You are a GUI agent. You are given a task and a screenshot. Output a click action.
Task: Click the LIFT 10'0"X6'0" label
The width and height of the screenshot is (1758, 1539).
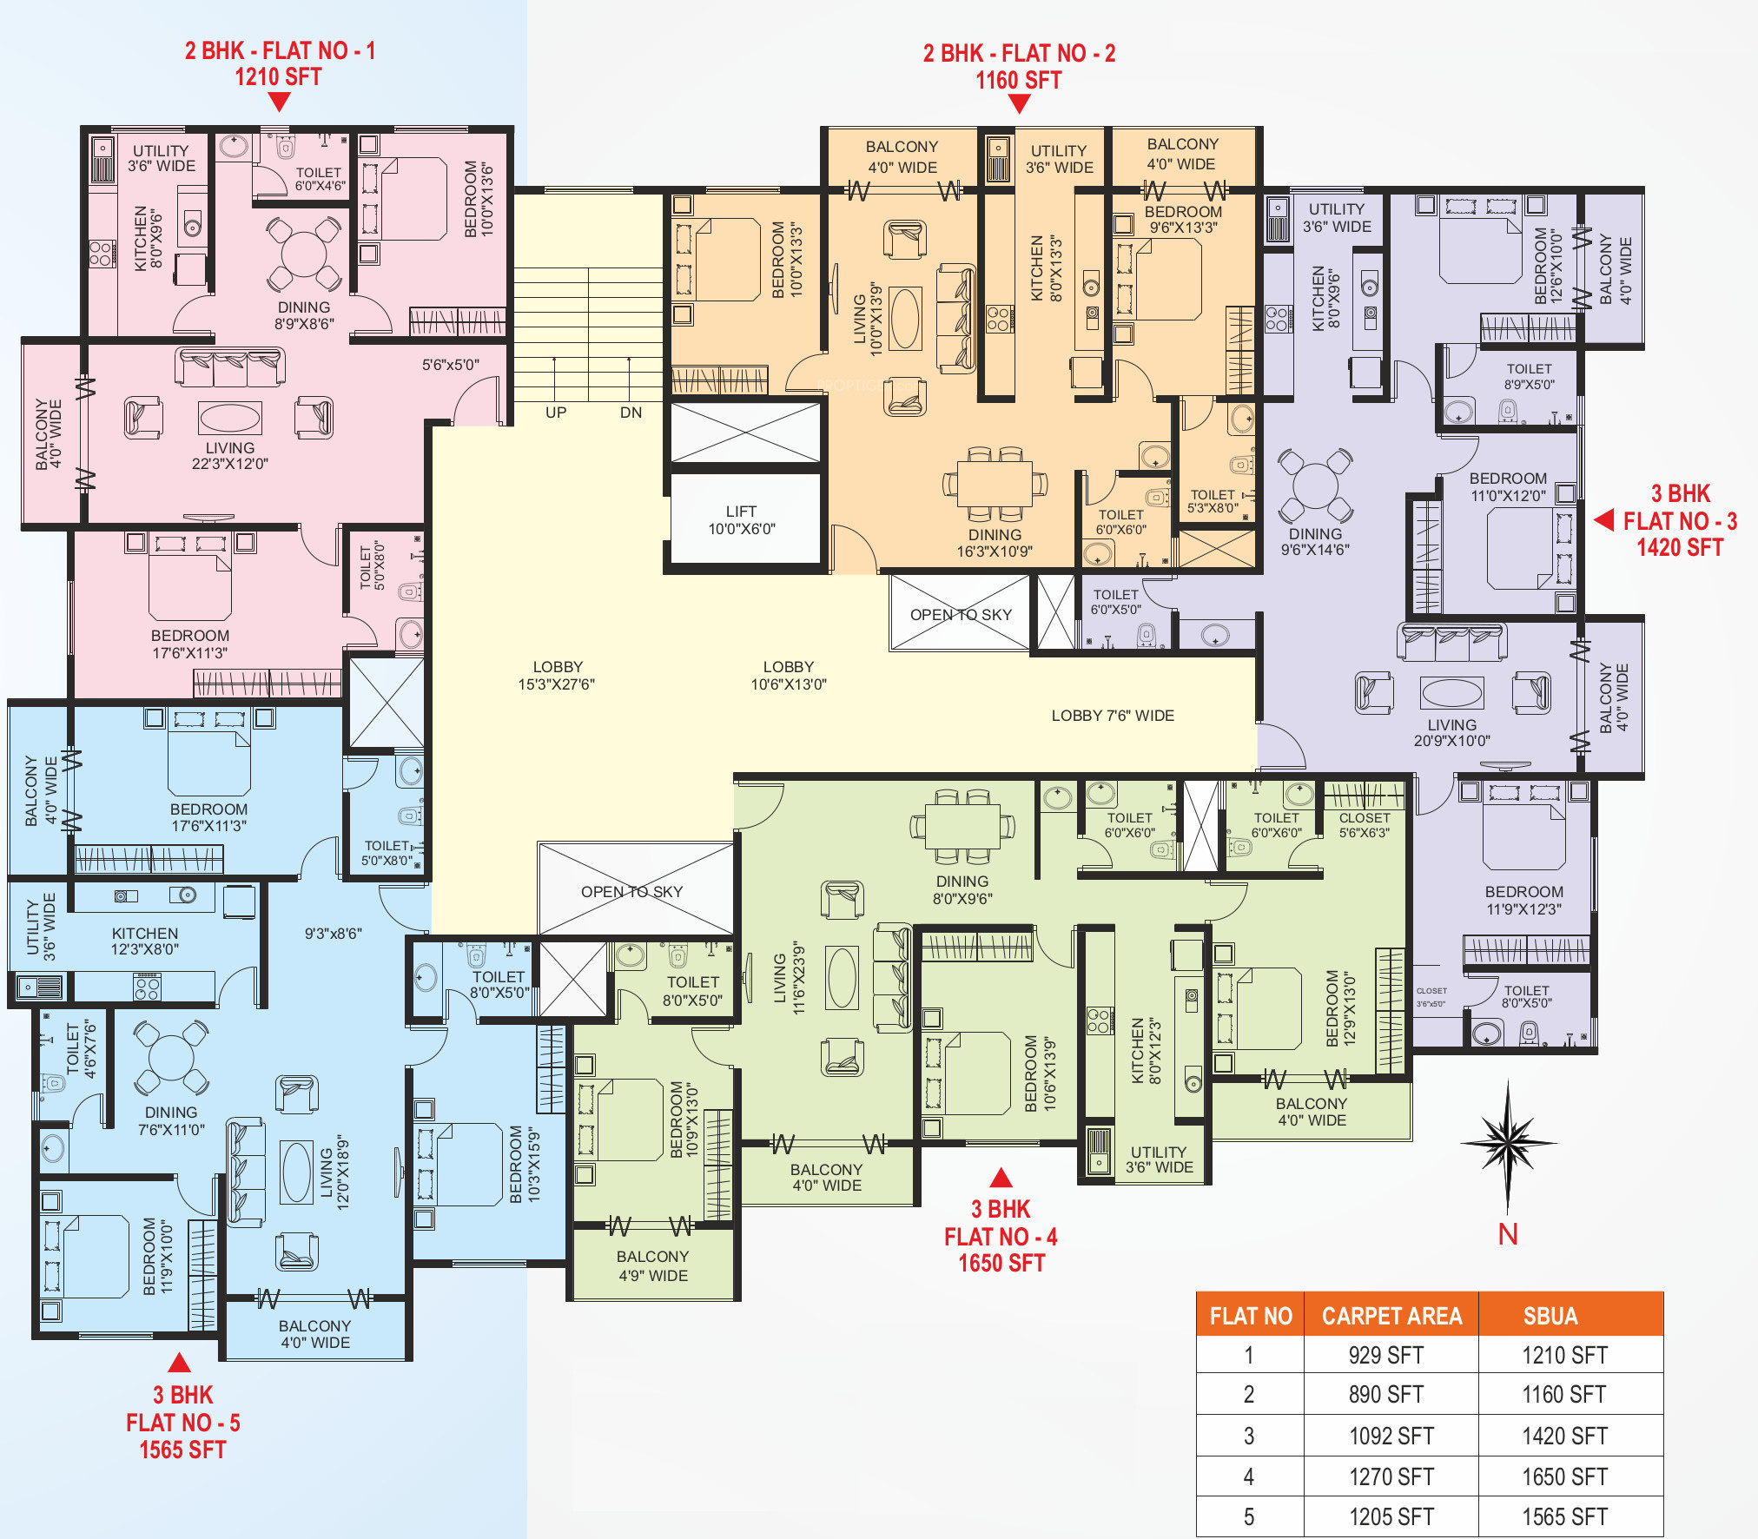coord(742,519)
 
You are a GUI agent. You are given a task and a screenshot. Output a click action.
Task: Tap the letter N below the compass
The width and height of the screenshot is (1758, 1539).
coord(1508,1234)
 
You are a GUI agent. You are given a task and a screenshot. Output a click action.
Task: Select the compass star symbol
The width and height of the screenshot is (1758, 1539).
coord(1508,1145)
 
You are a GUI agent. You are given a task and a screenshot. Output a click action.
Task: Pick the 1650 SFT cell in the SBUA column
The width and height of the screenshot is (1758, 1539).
coord(1564,1476)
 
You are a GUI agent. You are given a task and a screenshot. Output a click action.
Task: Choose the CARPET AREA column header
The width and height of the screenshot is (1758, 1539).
coord(1391,1316)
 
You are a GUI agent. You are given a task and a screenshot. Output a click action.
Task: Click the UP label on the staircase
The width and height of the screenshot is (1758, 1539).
coord(556,413)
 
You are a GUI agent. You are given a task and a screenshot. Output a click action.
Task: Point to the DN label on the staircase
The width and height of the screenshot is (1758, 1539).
coord(631,413)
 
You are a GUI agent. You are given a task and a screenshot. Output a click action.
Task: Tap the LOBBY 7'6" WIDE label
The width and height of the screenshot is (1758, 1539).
coord(1113,716)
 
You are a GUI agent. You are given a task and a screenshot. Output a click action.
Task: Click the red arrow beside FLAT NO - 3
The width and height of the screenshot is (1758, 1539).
coord(1603,520)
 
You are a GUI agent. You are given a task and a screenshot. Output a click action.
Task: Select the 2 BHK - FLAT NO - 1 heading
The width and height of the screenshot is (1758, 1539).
coord(280,50)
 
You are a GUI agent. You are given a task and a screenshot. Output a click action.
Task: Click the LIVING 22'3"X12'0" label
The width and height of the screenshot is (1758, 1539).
coord(230,456)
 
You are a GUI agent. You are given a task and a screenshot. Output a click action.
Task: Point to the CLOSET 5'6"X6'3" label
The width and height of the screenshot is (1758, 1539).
coord(1365,825)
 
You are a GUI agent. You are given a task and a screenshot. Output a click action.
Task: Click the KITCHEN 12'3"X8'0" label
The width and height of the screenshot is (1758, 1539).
coord(145,941)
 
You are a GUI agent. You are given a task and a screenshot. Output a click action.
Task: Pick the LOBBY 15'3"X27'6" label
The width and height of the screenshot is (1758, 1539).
coord(557,675)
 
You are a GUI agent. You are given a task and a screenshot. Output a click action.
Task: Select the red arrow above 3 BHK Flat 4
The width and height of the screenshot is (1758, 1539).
coord(1001,1178)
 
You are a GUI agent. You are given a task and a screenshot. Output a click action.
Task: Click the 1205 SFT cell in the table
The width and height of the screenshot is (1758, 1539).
coord(1391,1516)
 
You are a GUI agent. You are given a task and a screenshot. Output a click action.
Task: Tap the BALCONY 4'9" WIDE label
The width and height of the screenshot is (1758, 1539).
coord(653,1266)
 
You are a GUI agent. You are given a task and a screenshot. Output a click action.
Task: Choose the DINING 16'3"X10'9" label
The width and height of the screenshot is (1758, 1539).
coord(995,543)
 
